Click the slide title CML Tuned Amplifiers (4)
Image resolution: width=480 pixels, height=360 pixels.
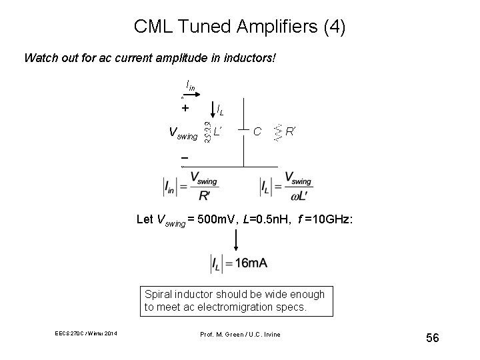240,27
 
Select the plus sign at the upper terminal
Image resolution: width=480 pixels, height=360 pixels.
185,108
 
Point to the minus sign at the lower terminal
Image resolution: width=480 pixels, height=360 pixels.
184,159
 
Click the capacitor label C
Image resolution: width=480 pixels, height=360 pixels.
257,132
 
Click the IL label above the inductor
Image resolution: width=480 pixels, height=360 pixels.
221,110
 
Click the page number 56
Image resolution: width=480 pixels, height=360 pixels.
433,339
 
